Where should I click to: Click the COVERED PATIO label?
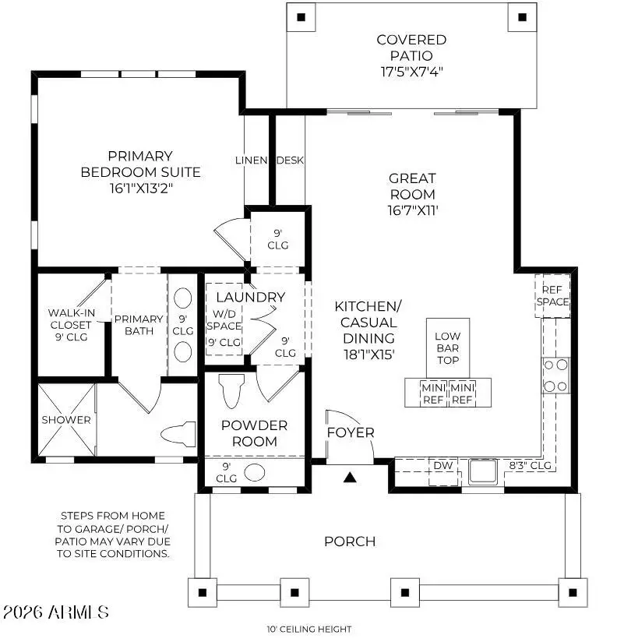tap(411, 47)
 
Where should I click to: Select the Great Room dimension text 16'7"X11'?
tap(412, 210)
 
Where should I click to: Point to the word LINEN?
tap(252, 160)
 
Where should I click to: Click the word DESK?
tap(290, 160)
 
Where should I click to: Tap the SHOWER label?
tap(66, 420)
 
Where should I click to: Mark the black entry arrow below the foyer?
tap(350, 478)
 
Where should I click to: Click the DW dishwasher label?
tap(443, 466)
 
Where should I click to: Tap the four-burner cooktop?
tap(555, 375)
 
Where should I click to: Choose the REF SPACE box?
tap(552, 296)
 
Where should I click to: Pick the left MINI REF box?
tap(432, 393)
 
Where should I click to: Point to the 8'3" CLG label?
tap(530, 466)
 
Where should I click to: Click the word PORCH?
tap(350, 541)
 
